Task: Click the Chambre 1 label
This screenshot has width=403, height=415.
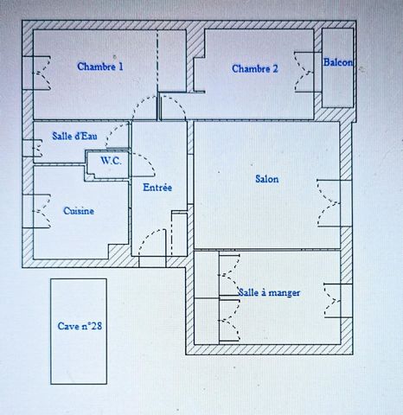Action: (x=100, y=67)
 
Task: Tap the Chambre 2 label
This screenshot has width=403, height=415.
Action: (x=254, y=69)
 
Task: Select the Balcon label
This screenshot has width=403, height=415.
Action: (x=338, y=62)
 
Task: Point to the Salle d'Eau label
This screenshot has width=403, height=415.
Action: (x=74, y=135)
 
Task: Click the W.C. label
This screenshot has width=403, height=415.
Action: (x=110, y=160)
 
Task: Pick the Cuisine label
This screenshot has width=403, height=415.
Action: (x=79, y=210)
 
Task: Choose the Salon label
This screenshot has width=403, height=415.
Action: (x=266, y=180)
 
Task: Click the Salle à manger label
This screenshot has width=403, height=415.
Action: (x=270, y=293)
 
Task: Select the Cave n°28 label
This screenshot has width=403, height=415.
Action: (x=80, y=326)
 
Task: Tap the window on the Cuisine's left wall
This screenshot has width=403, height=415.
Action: (x=37, y=208)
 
